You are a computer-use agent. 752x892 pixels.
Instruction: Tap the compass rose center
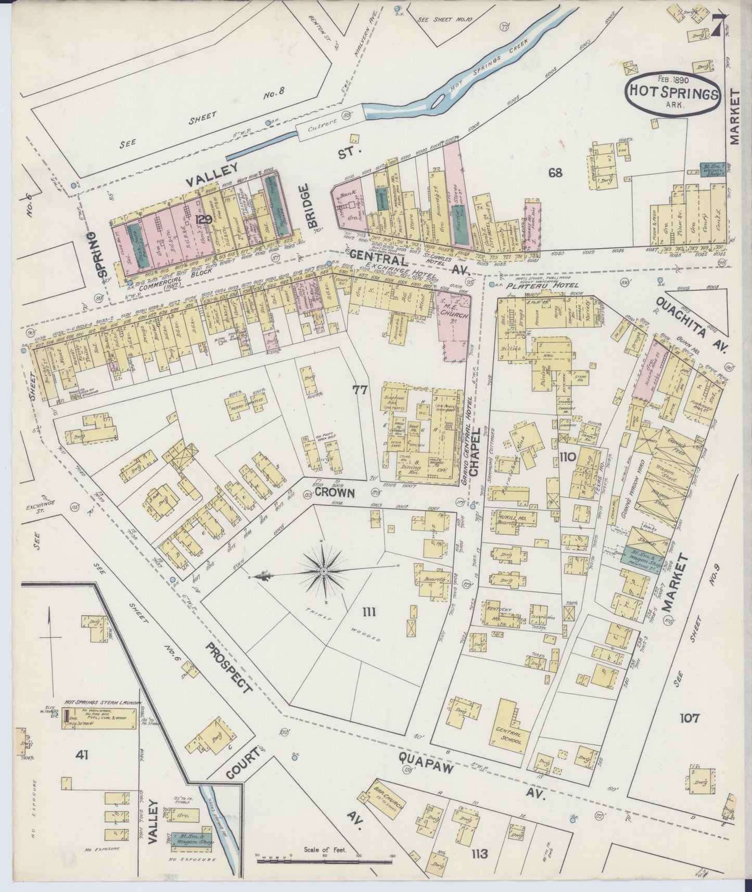tap(324, 571)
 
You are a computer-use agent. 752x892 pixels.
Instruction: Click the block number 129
tap(201, 220)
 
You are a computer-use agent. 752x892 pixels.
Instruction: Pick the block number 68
tap(555, 172)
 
